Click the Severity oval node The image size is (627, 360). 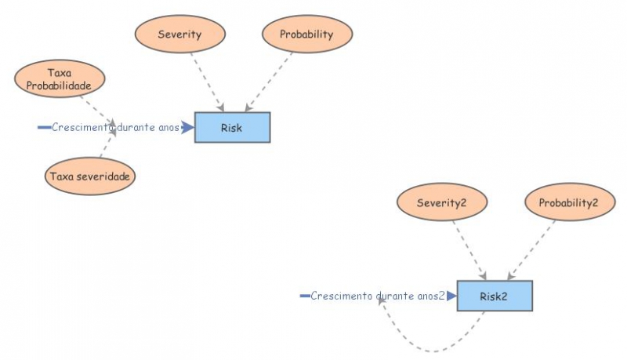coord(180,35)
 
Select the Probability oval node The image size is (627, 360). coord(306,35)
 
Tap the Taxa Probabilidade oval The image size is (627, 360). coord(60,78)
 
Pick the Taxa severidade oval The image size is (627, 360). coord(90,176)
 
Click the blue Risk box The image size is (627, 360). coord(232,128)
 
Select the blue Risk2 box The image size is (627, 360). coord(495,296)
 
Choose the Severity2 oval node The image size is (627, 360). coord(442,203)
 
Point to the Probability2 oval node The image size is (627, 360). coord(568,203)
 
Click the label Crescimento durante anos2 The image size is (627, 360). coord(378,296)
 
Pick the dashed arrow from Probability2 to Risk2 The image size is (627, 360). coord(535,249)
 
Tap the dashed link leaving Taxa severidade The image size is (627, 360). coord(106,147)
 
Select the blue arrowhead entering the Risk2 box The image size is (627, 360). coord(451,296)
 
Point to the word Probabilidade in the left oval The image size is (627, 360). coord(60,84)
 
